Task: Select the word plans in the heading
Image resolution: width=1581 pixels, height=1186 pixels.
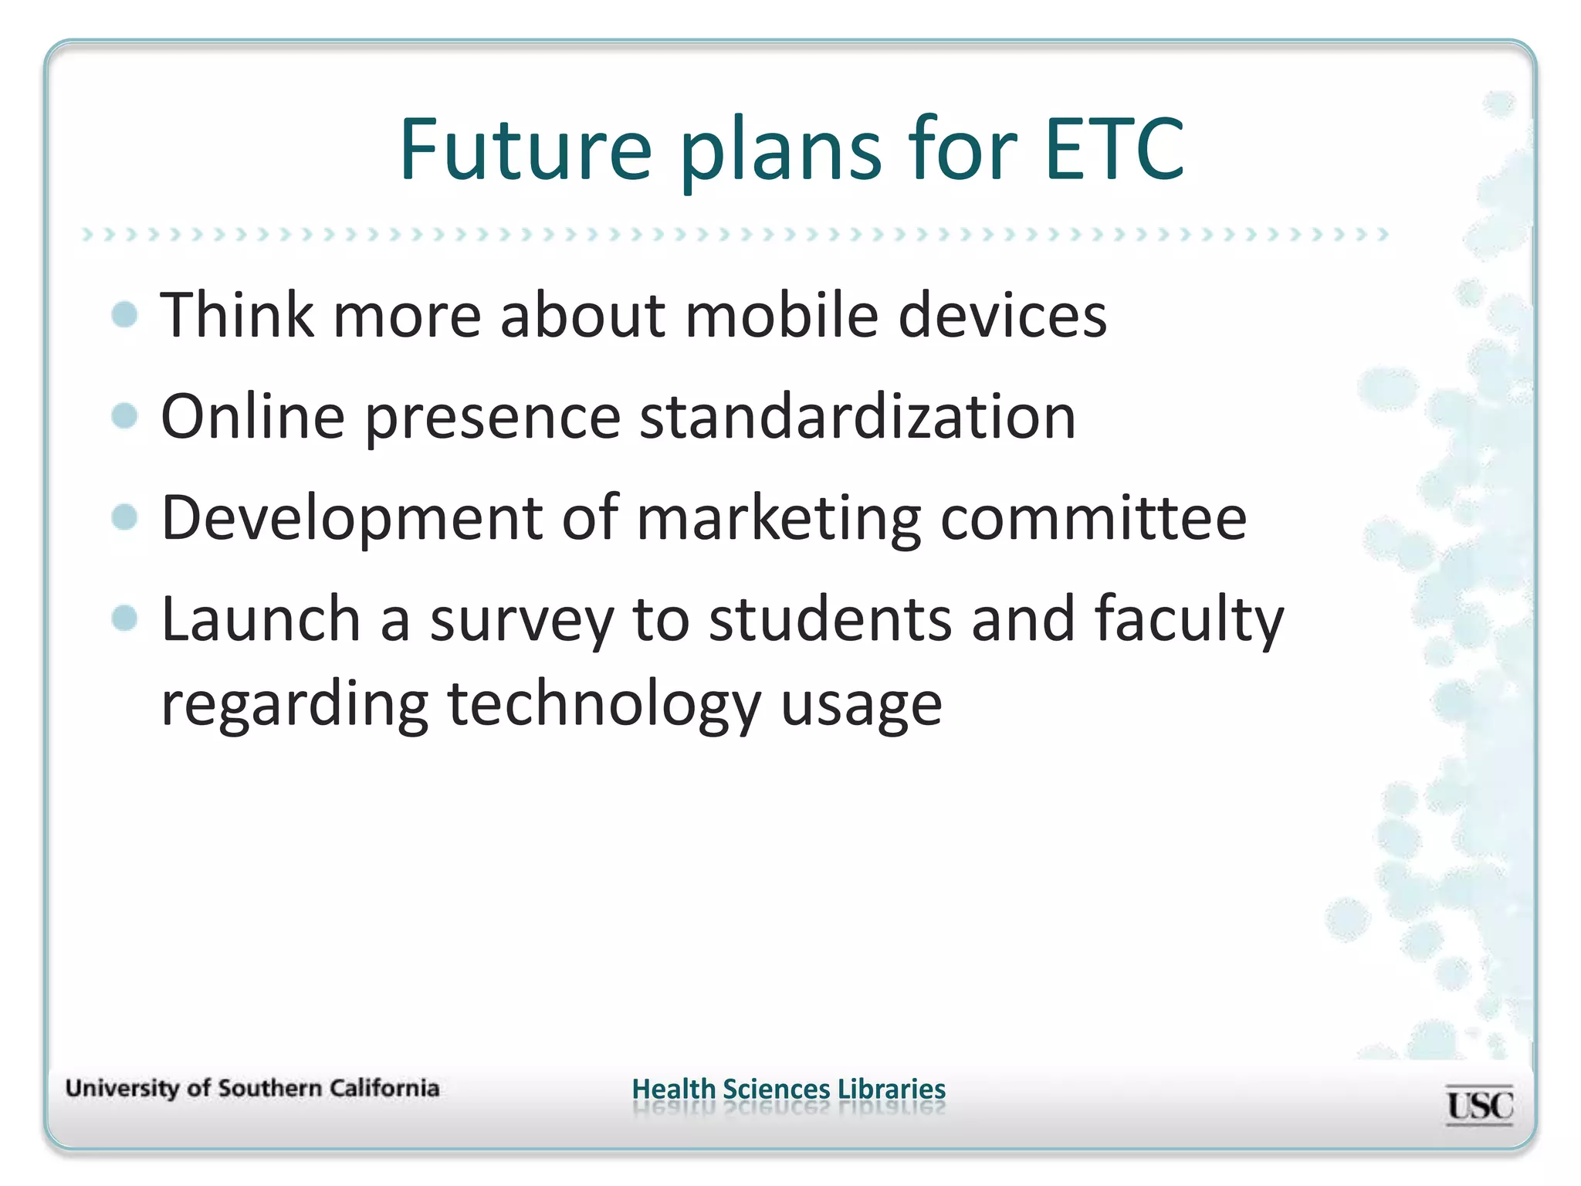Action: (780, 151)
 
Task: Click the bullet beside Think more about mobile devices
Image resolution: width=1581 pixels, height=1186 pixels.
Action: (124, 315)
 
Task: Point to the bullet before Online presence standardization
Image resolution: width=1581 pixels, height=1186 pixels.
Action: (124, 416)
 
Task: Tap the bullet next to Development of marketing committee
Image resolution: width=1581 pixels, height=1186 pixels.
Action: (124, 517)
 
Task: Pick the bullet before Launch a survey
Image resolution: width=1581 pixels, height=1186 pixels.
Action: (124, 618)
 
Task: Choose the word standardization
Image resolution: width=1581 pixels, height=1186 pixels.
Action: (858, 417)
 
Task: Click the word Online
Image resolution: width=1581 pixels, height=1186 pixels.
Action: (252, 417)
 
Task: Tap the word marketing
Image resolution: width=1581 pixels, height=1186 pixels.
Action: (778, 519)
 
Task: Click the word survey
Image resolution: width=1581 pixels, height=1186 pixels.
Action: (521, 621)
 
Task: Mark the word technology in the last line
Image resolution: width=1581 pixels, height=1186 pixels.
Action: (604, 706)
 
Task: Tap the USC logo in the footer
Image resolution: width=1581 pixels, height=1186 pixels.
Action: (1479, 1106)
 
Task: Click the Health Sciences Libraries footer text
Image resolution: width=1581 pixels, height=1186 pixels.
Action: (788, 1089)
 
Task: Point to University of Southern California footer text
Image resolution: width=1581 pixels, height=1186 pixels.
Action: (252, 1089)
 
